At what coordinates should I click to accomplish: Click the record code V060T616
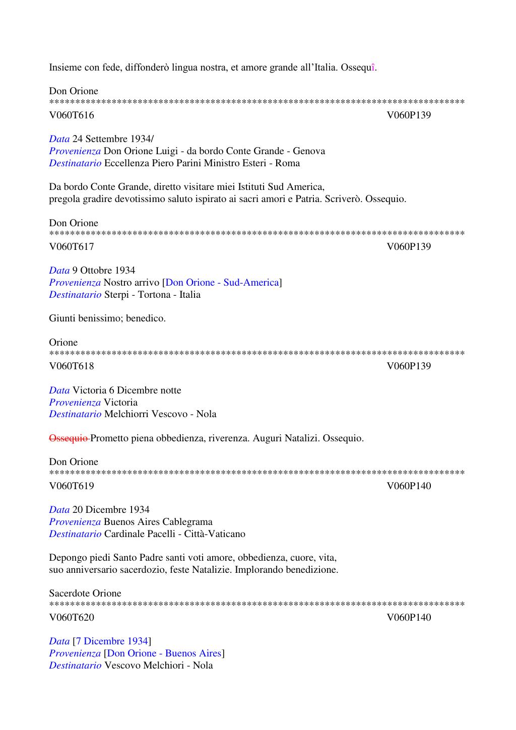pos(71,115)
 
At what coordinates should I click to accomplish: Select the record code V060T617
pos(71,246)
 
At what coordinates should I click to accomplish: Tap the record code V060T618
pos(71,366)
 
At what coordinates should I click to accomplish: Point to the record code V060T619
pos(71,486)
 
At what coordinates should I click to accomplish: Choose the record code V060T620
pos(71,617)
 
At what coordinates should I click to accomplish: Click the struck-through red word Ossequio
pos(69,438)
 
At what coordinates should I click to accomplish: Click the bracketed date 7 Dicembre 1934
pos(112,641)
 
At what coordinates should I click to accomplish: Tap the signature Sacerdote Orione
pos(85,593)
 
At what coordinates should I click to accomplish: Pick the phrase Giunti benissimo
pos(87,318)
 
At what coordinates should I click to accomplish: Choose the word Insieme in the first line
pos(66,67)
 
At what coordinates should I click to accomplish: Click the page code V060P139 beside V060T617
pos(409,246)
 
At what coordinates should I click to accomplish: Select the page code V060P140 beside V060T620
pos(409,617)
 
